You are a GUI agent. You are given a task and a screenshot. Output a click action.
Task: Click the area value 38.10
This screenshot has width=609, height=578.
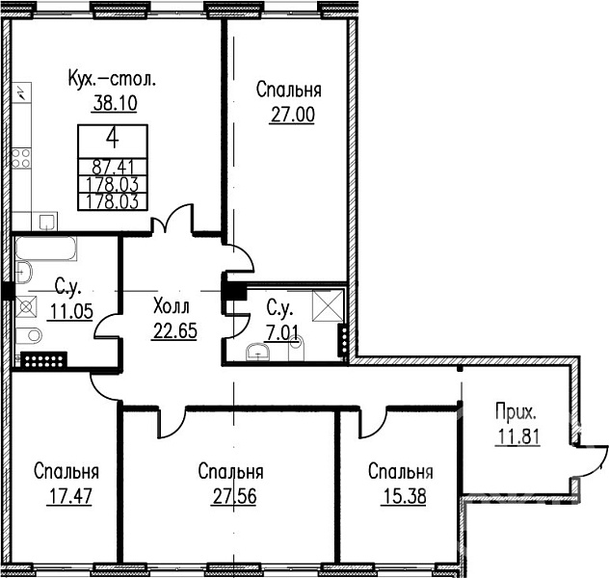coord(116,104)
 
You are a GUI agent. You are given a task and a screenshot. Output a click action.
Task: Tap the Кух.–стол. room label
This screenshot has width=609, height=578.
coord(112,80)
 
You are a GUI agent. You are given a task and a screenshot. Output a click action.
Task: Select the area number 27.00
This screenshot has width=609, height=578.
coord(293,115)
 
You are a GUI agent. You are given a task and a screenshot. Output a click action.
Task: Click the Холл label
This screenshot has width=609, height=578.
coord(172,306)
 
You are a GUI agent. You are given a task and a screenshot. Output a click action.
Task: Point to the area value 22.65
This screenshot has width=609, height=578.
coord(175,331)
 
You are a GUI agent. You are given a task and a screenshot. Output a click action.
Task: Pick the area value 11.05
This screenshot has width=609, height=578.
coord(71,311)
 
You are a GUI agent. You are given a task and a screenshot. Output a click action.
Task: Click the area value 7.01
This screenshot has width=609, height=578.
coord(282,333)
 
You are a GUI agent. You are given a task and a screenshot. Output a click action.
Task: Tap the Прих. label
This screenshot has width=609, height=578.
coord(516,413)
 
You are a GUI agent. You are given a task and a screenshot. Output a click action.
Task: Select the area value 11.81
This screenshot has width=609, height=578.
coord(518,437)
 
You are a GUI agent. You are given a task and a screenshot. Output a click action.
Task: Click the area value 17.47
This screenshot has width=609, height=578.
coord(70,496)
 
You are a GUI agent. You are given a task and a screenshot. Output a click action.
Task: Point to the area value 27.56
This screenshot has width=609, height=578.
coord(234,496)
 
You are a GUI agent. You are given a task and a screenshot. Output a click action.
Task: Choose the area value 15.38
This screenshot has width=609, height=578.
coord(405,496)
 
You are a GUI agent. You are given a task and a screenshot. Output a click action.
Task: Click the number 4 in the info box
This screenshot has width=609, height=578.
coord(113,139)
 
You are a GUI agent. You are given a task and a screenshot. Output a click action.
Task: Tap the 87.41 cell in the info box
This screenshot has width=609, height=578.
coord(113,168)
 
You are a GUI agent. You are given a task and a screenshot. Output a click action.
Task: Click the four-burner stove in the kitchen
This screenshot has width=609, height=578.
coord(21,158)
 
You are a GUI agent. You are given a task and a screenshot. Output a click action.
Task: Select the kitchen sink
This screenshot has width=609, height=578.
coord(48,222)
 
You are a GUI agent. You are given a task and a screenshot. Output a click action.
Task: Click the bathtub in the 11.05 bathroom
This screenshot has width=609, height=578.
coord(46,249)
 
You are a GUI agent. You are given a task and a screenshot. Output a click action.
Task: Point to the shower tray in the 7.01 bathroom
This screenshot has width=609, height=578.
coord(328,306)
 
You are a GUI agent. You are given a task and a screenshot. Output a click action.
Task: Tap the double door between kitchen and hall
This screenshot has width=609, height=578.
coord(172,220)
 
